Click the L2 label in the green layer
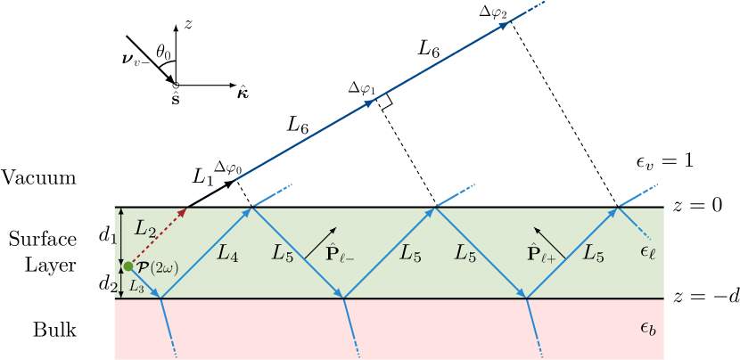[x=145, y=228]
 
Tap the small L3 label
[x=136, y=286]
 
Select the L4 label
[x=228, y=253]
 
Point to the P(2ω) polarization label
[x=158, y=266]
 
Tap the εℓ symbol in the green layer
[x=647, y=254]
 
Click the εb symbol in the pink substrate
[x=648, y=329]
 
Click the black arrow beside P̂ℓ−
[x=321, y=242]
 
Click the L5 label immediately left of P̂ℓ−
[x=284, y=253]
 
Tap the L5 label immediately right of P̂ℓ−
[x=410, y=253]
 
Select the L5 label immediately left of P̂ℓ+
[x=465, y=253]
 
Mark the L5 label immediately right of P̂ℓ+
[x=594, y=253]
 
